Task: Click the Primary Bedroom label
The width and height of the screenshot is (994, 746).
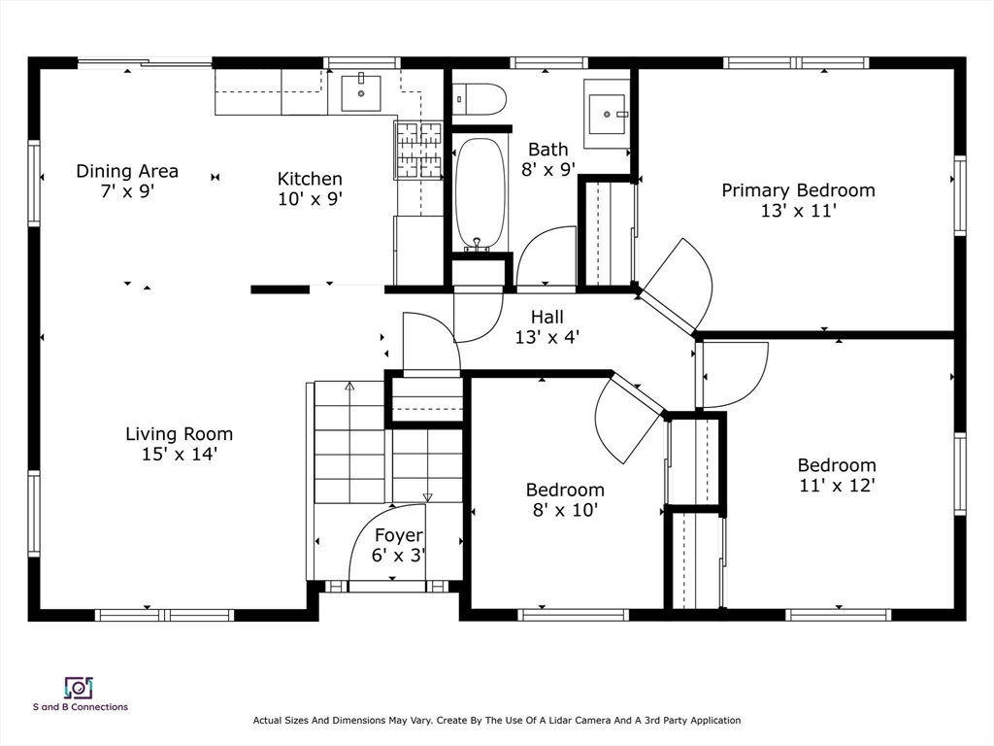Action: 798,190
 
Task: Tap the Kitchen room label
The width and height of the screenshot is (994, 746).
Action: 310,179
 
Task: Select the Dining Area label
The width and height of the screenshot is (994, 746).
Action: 127,171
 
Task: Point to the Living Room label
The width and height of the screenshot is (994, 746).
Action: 180,434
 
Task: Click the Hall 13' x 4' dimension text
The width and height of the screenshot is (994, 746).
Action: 547,337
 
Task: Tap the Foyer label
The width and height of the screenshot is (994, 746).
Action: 399,536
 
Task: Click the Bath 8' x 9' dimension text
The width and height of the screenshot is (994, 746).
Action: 548,170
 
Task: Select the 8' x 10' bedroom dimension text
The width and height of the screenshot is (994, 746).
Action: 566,510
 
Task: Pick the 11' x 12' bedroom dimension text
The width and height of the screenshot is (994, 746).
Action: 837,486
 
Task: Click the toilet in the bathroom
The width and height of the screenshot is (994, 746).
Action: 480,99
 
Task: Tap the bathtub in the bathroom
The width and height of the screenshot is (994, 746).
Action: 481,194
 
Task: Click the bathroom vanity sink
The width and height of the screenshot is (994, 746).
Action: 608,115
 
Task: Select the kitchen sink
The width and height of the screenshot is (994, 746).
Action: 361,93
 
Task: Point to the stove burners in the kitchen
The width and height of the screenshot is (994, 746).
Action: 418,150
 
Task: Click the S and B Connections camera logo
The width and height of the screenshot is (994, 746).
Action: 80,688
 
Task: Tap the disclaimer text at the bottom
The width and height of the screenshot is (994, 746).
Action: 497,721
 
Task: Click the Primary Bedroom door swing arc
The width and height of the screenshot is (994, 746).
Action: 704,273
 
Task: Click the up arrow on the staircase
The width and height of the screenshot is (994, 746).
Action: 349,412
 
